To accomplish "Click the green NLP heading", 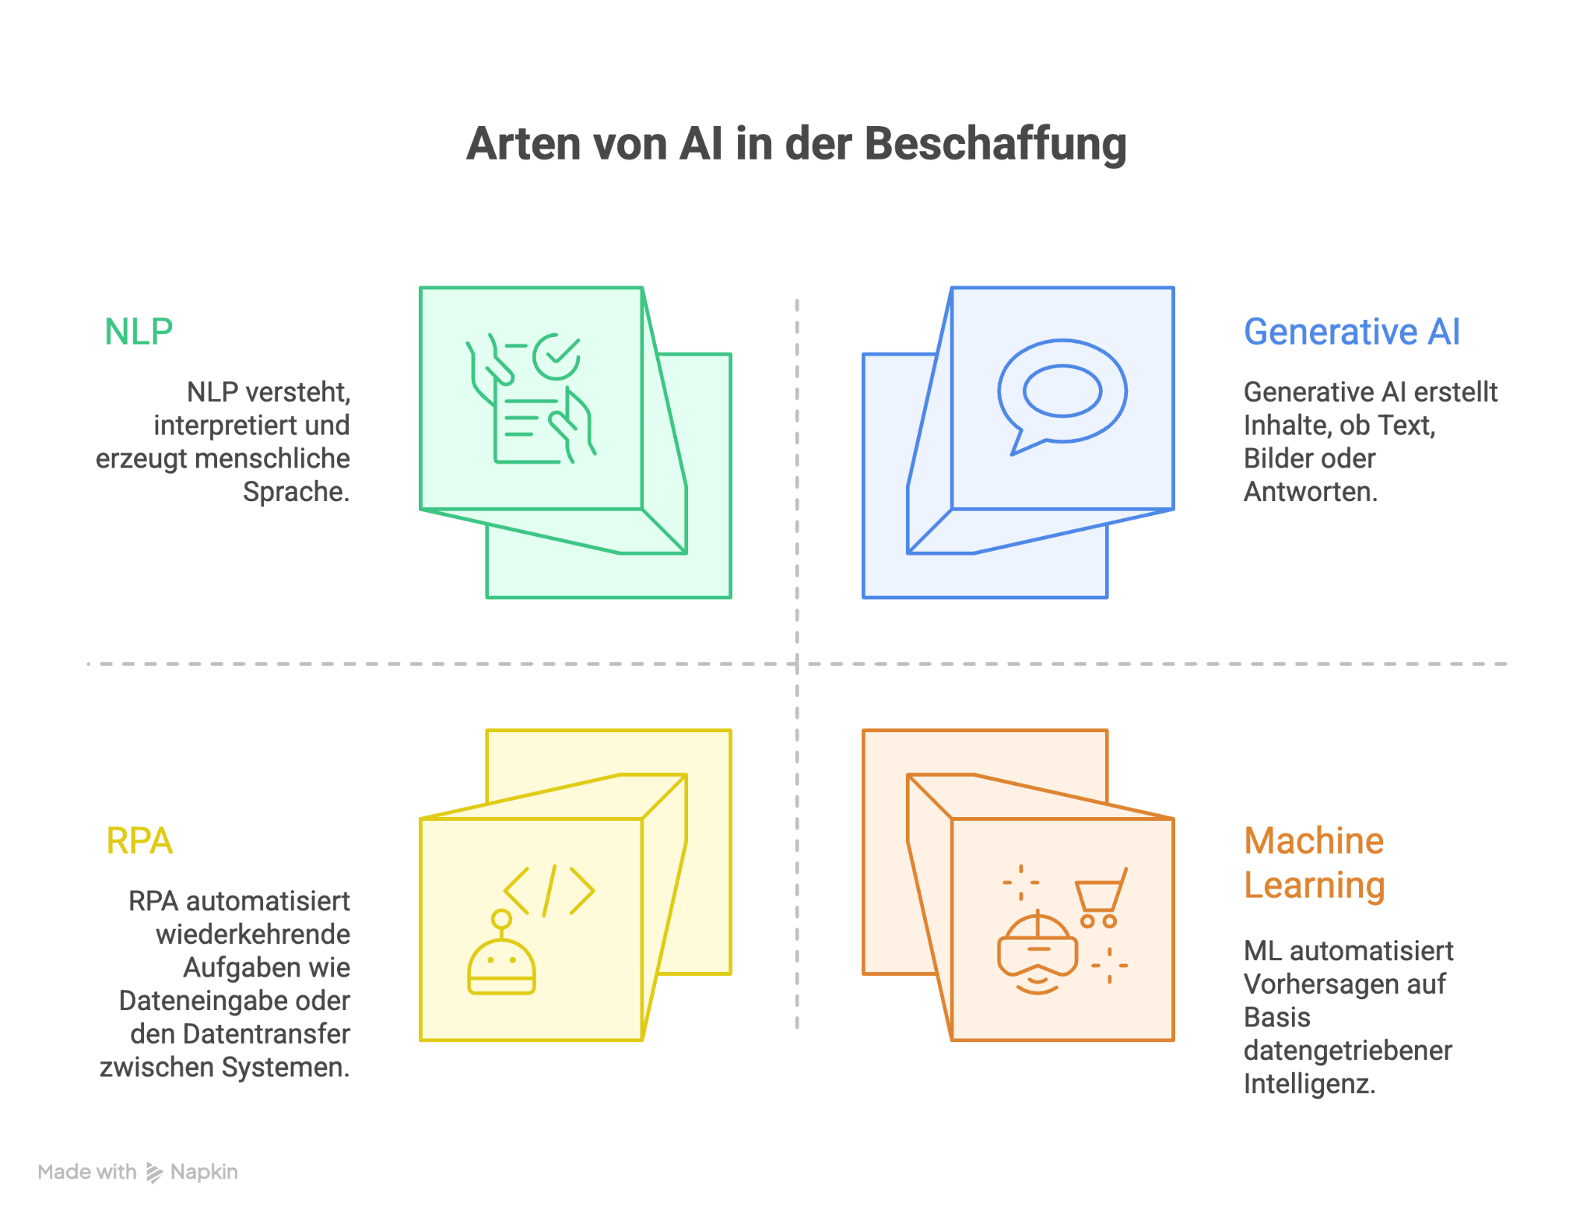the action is (x=139, y=332).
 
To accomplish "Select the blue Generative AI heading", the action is (x=1352, y=332).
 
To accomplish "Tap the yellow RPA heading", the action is (x=139, y=841).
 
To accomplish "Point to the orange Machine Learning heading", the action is (x=1315, y=863).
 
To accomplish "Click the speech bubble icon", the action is (x=1062, y=396).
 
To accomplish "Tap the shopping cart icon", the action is (x=1101, y=899).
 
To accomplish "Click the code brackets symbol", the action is (x=549, y=890).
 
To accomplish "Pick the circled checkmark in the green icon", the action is (x=556, y=356).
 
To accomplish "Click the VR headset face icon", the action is (x=1038, y=952).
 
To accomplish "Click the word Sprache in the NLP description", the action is (x=296, y=492).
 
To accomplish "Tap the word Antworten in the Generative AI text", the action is (x=1311, y=492).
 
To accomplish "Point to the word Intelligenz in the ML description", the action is (x=1310, y=1084).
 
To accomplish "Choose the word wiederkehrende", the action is (x=253, y=934).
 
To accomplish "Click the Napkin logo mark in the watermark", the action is (x=154, y=1173).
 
